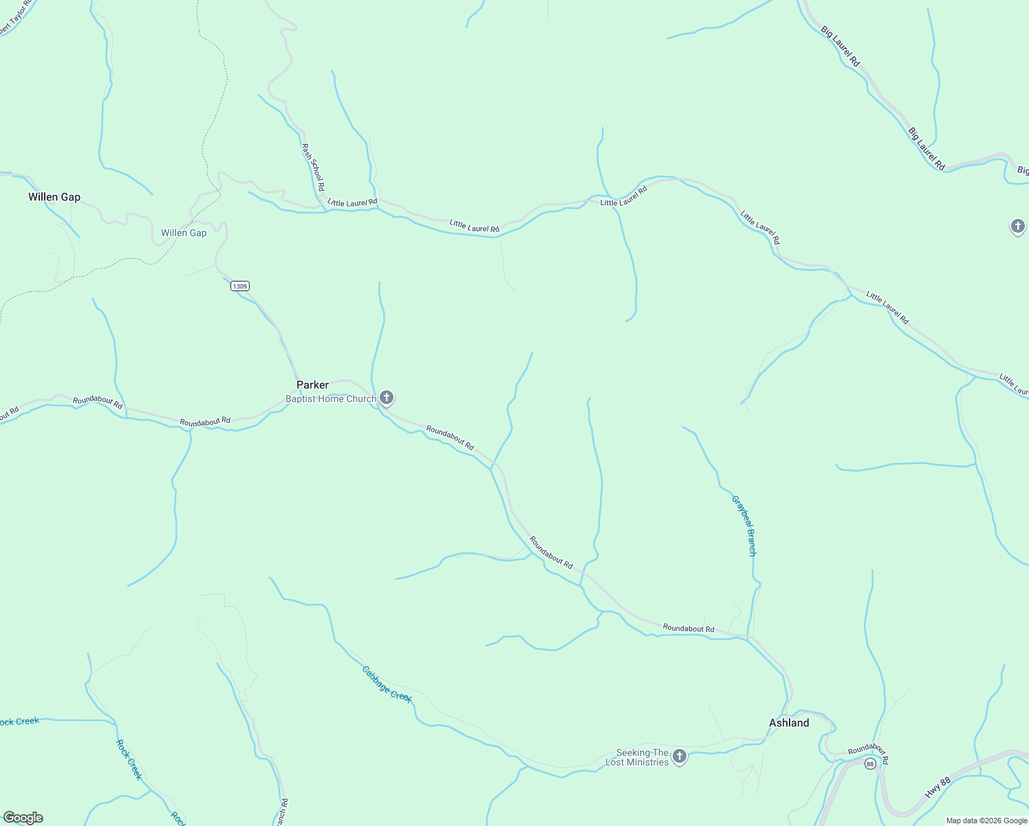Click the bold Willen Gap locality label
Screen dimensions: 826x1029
point(54,198)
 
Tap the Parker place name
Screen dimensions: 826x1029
point(312,385)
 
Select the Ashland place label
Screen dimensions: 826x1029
point(789,723)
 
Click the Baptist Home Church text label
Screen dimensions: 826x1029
point(331,399)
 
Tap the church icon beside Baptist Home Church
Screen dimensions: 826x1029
point(387,397)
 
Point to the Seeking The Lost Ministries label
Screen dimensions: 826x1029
point(637,757)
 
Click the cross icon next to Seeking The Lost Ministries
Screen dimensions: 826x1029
point(680,756)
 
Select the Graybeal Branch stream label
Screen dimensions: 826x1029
point(744,526)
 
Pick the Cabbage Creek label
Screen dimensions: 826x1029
point(387,684)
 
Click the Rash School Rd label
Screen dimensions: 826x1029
point(313,167)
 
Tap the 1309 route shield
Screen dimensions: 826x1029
point(239,286)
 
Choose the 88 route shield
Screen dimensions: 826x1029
point(870,764)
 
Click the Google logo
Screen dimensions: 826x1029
point(23,818)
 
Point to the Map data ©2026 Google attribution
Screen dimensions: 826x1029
point(986,820)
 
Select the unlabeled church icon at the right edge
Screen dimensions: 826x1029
point(1018,226)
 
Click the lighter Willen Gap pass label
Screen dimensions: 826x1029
point(184,233)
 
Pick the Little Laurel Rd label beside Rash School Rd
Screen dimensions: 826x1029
point(353,202)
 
